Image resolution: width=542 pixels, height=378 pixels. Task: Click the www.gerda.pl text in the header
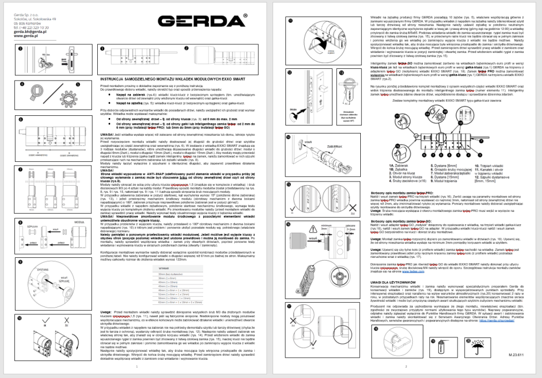(x=25, y=36)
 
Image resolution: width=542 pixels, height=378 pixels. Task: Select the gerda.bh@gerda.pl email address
(x=29, y=32)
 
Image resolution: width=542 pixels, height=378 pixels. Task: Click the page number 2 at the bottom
(x=406, y=367)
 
